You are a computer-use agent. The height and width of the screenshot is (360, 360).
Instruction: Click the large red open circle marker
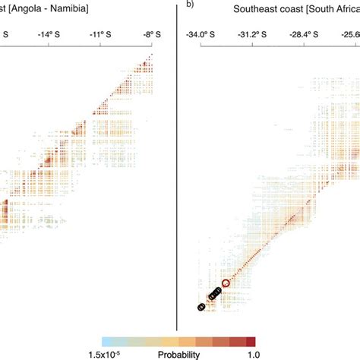(x=226, y=284)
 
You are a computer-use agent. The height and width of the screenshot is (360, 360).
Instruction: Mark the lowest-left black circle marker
(x=201, y=307)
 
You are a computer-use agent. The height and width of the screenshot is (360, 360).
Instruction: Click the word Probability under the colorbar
(x=179, y=354)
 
